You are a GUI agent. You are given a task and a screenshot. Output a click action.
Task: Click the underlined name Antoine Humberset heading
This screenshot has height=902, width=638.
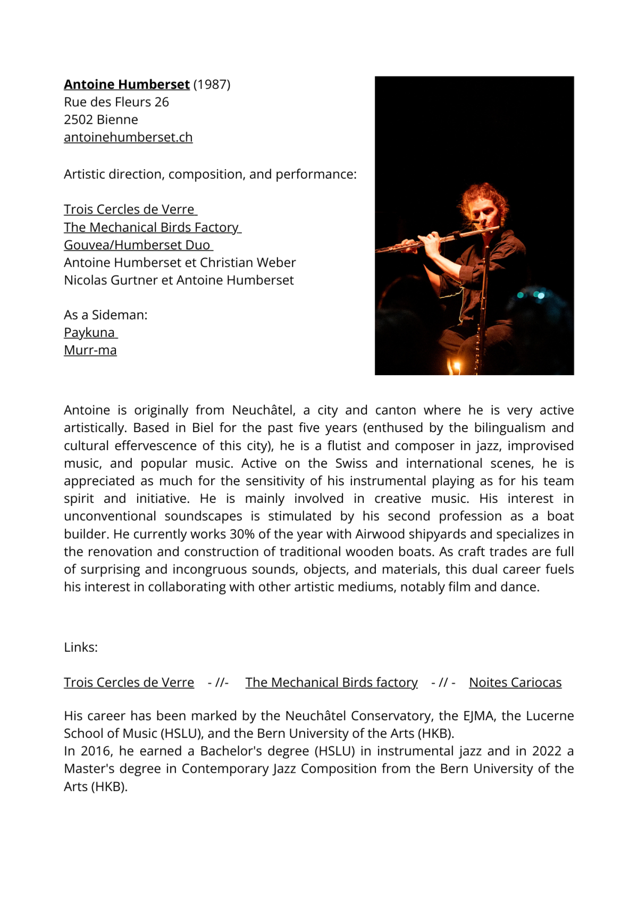point(127,85)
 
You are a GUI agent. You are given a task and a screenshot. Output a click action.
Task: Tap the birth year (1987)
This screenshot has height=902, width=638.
point(212,85)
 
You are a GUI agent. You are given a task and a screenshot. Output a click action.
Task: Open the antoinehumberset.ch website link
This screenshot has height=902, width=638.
point(128,137)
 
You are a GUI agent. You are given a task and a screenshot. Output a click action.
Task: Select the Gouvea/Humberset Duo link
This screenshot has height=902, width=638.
point(137,245)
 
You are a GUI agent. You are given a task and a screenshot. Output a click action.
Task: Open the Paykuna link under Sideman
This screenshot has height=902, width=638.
point(89,333)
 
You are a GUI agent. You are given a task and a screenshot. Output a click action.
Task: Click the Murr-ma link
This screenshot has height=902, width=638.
point(90,350)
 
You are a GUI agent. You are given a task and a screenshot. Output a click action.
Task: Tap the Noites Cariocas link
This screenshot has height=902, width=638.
point(515,682)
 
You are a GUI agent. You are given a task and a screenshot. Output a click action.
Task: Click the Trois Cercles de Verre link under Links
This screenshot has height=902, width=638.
point(129,682)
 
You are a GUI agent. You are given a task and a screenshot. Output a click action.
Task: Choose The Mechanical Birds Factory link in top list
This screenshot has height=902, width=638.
point(152,227)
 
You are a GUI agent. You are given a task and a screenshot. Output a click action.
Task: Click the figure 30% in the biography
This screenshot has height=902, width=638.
point(242,534)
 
